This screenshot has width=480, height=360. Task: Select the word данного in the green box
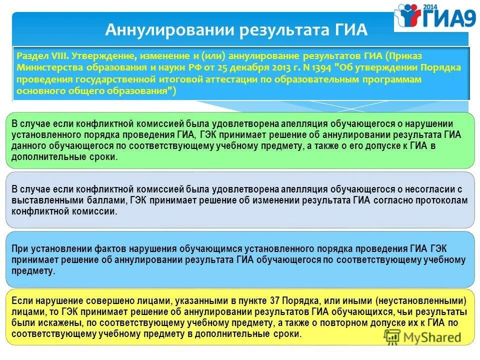(x=28, y=145)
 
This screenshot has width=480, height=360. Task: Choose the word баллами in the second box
(x=98, y=200)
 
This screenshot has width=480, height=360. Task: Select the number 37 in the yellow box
(x=274, y=301)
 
